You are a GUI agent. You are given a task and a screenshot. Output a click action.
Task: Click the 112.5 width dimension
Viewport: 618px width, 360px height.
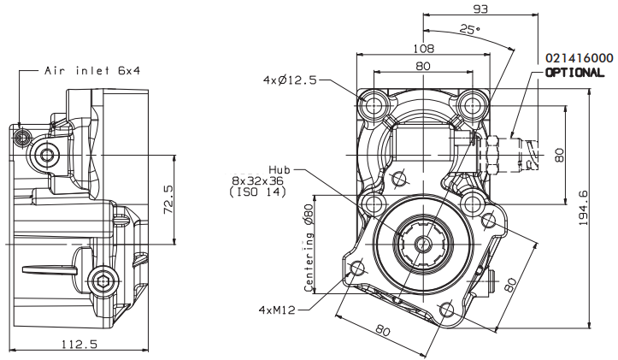[79, 345]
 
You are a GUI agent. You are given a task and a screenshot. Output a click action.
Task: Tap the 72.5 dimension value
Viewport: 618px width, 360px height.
[168, 200]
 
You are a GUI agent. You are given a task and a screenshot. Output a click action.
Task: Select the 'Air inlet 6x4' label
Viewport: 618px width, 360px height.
[92, 71]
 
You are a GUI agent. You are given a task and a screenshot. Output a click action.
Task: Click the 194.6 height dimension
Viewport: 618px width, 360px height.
[583, 208]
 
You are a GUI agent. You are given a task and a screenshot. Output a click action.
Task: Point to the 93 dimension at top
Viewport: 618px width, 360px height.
[480, 9]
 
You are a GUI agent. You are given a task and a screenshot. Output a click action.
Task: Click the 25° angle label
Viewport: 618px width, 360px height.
[470, 30]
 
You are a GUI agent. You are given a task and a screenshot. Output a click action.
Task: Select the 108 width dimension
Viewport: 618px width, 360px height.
[423, 49]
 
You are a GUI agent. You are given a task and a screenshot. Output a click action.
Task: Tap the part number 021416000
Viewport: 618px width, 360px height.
[579, 58]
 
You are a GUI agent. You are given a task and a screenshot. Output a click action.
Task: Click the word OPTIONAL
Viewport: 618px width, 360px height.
[574, 73]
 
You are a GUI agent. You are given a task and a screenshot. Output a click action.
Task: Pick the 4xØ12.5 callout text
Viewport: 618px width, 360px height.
[290, 80]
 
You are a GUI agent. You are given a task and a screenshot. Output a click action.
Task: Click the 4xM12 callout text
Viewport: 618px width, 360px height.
[277, 310]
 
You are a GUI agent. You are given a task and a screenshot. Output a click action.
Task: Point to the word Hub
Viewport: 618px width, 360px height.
[280, 170]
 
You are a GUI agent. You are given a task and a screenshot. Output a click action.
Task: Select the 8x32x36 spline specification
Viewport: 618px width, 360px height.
[258, 181]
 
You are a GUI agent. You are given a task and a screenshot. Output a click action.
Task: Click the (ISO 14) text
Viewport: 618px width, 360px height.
[258, 192]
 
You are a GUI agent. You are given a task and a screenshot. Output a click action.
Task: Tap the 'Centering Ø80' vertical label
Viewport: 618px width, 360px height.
[309, 248]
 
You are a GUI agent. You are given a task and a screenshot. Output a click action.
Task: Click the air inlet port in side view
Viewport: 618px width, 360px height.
[21, 137]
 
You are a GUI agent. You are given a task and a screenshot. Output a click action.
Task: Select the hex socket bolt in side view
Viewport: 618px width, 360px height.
[103, 281]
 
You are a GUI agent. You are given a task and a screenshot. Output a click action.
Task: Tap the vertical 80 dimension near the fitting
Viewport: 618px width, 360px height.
[560, 155]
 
